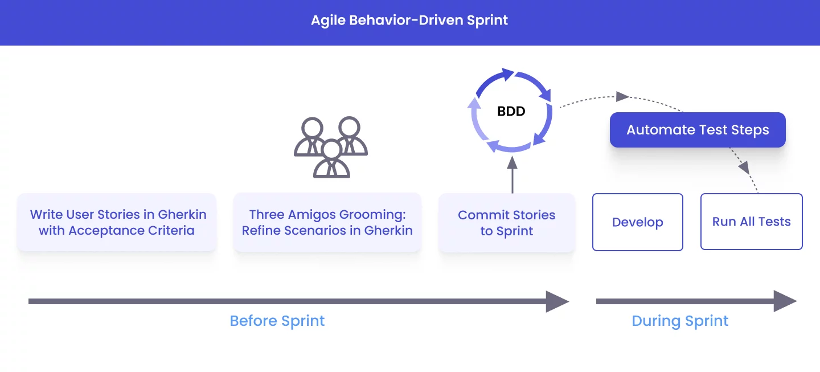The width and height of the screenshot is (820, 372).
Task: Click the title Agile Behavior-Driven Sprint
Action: click(x=409, y=21)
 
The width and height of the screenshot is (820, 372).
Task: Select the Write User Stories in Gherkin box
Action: click(x=117, y=222)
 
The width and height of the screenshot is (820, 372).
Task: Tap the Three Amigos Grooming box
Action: click(x=327, y=222)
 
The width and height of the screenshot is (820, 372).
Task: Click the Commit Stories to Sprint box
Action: click(x=506, y=223)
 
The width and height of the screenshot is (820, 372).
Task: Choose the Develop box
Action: click(x=637, y=222)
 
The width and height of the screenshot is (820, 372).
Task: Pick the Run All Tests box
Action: click(x=751, y=222)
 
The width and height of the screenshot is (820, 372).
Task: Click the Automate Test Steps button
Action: click(x=698, y=130)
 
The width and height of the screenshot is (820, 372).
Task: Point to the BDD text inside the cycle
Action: click(x=511, y=112)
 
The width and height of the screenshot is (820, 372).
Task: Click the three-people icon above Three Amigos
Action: click(x=331, y=147)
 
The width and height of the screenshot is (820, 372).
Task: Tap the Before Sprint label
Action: click(x=277, y=321)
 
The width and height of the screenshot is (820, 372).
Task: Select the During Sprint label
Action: click(x=680, y=321)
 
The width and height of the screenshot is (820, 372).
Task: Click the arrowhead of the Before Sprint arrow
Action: click(x=557, y=301)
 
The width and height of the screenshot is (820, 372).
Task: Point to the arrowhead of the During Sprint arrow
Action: click(x=785, y=301)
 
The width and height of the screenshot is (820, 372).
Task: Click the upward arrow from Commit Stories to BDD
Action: click(x=512, y=174)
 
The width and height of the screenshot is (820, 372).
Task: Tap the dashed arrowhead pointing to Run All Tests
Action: click(x=744, y=167)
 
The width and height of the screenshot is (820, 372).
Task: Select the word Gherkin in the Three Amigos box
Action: click(x=387, y=231)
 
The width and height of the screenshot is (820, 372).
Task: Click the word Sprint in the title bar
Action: click(x=487, y=21)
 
